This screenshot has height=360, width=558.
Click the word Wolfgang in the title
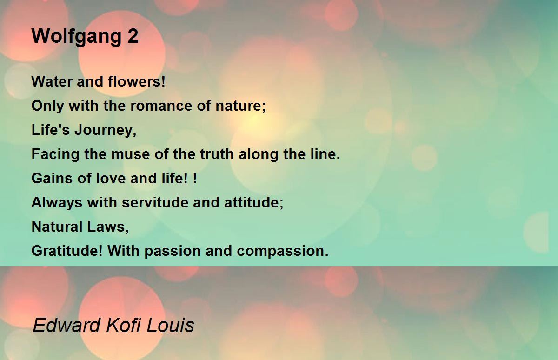(76, 37)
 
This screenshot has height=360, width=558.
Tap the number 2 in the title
(133, 36)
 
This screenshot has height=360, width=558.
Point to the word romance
(161, 106)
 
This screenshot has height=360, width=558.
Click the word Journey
(106, 130)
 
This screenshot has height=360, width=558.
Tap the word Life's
(51, 130)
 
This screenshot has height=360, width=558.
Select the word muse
(130, 154)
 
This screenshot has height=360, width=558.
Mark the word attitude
(253, 202)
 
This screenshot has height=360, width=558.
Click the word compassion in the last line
(283, 251)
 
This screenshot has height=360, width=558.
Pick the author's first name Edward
(66, 325)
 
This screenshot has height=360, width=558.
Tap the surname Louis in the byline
(170, 325)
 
